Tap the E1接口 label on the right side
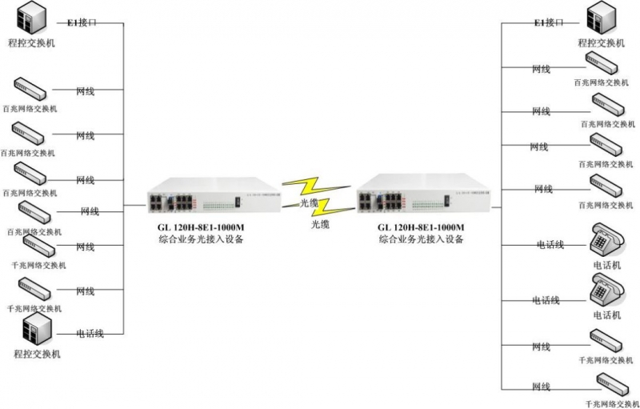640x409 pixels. [550, 23]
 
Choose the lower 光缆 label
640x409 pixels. [322, 225]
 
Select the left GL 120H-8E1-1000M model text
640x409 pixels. [201, 227]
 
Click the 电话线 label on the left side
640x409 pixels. [90, 333]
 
